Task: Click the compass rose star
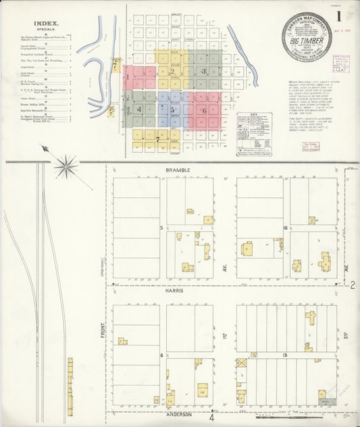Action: click(66, 165)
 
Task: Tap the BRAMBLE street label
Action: click(178, 169)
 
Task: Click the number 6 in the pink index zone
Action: click(203, 110)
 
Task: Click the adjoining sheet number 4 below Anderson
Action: click(211, 419)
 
